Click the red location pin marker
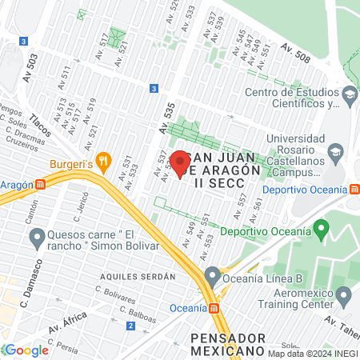coord(180,162)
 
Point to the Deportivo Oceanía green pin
coord(322,230)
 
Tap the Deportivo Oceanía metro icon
coord(354,189)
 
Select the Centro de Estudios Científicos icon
coord(350,97)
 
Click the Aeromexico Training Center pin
coord(345,298)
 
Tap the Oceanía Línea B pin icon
coord(212,278)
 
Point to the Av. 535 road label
coord(166,116)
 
